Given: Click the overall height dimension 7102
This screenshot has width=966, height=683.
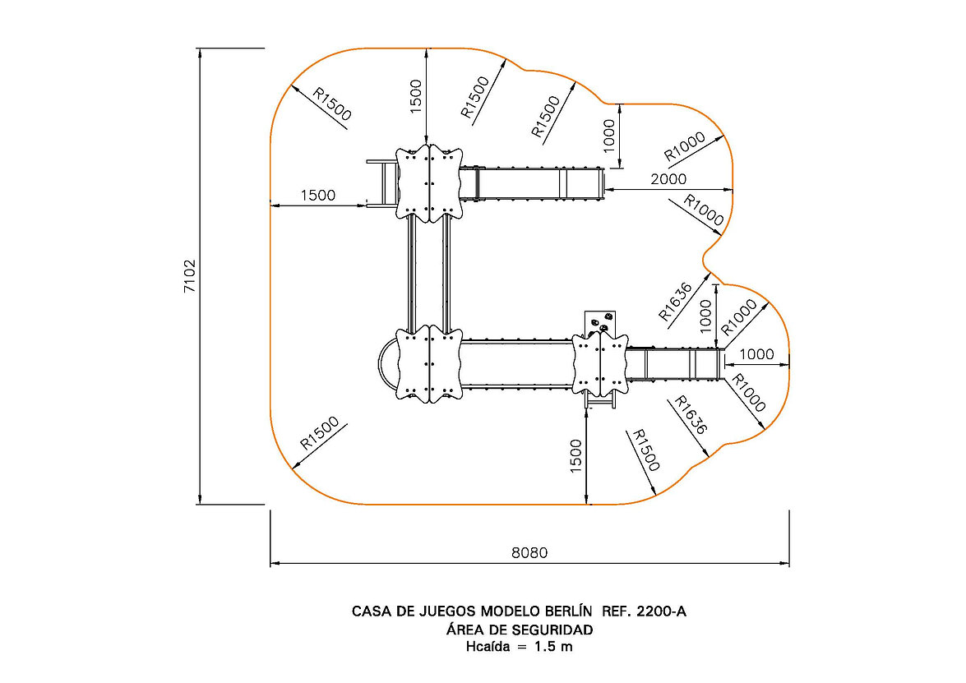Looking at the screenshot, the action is (190, 276).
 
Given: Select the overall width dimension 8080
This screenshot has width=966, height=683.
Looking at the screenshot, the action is (529, 552).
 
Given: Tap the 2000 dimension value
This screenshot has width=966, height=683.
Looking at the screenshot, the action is (668, 178).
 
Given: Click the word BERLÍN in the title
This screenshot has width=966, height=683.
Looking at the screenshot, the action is (568, 611).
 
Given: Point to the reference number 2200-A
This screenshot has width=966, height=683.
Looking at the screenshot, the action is (661, 611).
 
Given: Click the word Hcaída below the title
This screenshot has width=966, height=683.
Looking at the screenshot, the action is (488, 647).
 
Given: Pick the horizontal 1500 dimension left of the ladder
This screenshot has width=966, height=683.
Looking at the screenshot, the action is (318, 196).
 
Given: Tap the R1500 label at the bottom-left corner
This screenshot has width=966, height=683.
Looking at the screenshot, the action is (319, 433).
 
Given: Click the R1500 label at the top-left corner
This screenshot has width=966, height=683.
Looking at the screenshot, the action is (332, 104).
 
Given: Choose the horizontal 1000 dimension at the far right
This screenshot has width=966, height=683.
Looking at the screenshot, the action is (756, 354).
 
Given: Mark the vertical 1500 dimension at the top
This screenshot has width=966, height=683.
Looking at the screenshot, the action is (416, 96).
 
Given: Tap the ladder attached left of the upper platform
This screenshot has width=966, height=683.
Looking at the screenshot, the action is (381, 183).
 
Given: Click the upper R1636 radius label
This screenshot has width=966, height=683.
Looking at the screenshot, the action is (676, 302).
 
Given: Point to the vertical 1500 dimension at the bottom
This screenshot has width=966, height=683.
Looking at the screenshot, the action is (575, 456).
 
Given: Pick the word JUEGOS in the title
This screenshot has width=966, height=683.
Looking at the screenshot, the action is (446, 611).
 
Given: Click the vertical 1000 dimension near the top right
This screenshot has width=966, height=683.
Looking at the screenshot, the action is (608, 136).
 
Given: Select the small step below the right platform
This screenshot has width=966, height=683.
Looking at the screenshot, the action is (601, 402).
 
